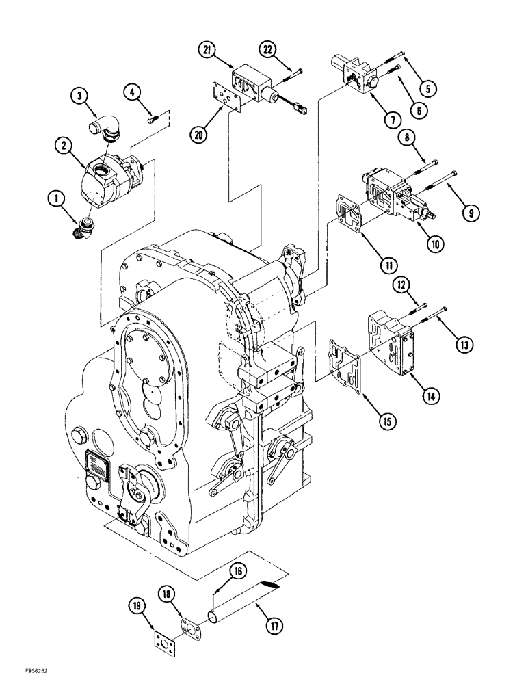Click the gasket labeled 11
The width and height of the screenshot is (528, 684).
click(350, 212)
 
